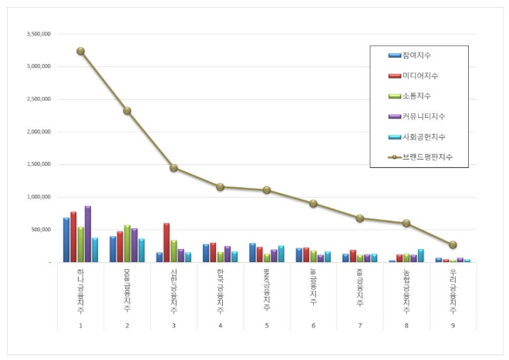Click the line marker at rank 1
(x=80, y=51)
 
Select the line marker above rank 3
(x=174, y=168)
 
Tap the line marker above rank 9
(x=453, y=244)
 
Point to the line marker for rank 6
(x=313, y=204)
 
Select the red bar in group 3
(x=167, y=243)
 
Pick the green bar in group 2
(x=127, y=244)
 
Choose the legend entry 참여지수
(x=416, y=56)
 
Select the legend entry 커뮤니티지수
(x=423, y=116)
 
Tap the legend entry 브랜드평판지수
(x=426, y=156)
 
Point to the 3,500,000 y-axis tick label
(x=39, y=35)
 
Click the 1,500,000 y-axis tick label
(x=39, y=164)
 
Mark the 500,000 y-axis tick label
(x=40, y=230)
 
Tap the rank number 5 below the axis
(x=267, y=325)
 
